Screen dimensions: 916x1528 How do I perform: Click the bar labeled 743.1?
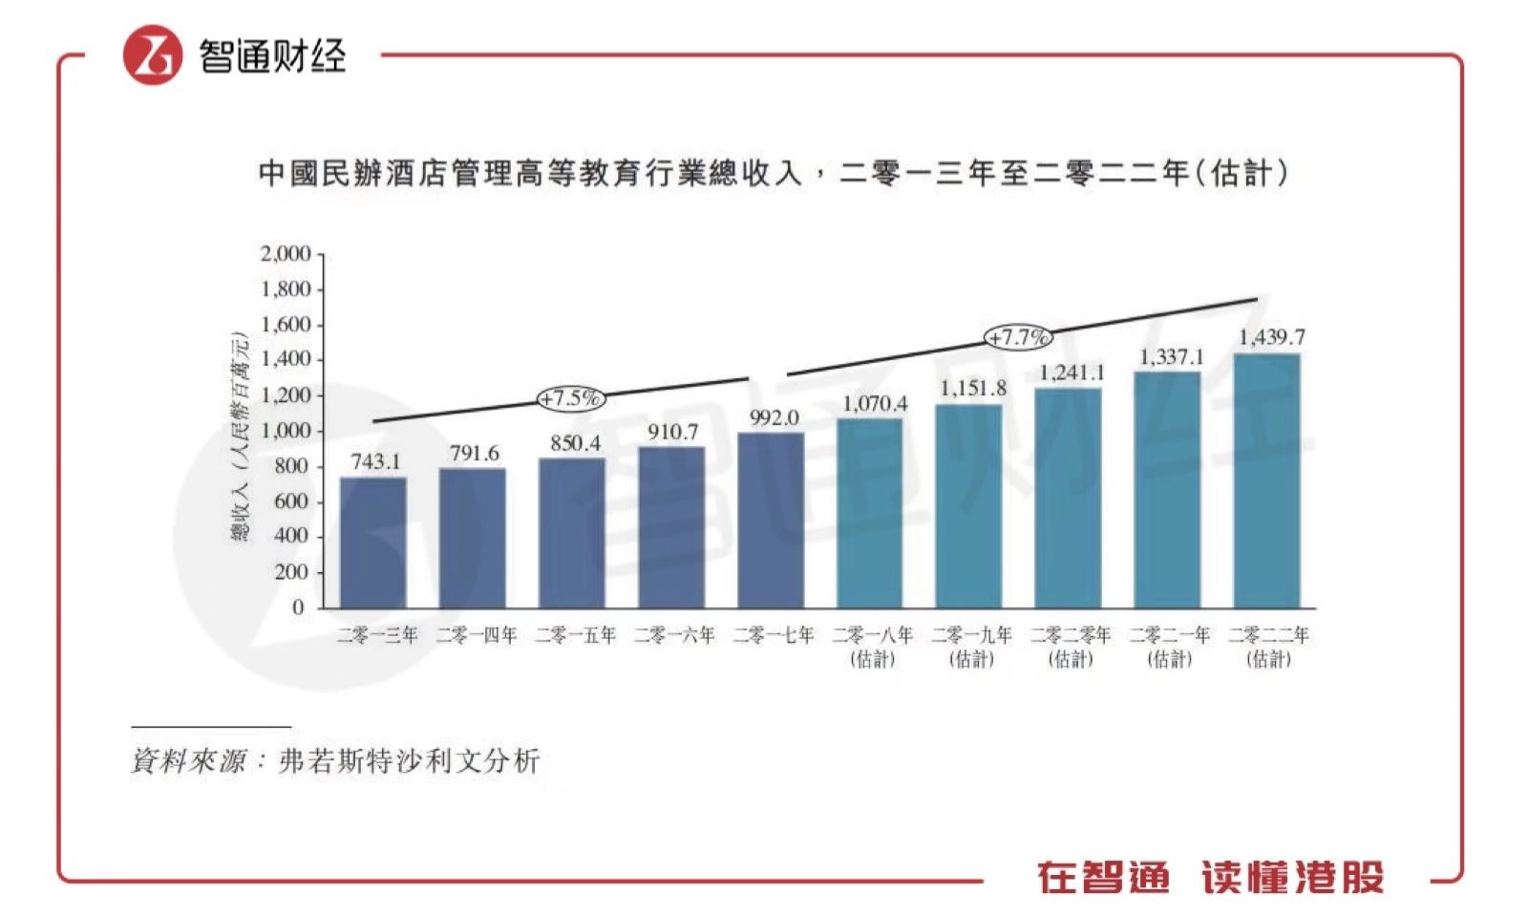coord(373,542)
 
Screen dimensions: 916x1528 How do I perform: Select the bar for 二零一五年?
coord(572,532)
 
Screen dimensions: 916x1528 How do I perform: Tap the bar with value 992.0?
coord(771,520)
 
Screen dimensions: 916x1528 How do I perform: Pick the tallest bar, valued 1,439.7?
coord(1267,480)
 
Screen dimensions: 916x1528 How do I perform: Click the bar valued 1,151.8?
coord(969,505)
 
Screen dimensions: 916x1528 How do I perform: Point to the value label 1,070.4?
coord(875,404)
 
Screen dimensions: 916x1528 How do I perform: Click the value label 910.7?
coord(672,432)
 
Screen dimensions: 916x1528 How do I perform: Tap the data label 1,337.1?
coord(1172,357)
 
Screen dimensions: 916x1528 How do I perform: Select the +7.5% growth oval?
coord(571,398)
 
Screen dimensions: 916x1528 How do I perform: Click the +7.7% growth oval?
coord(1019,337)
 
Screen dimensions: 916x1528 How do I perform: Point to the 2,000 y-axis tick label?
coord(286,254)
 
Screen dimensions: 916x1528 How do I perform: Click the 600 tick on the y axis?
coord(291,501)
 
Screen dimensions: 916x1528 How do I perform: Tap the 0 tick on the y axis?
coord(299,607)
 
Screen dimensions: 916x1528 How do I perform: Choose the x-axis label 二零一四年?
coord(477,635)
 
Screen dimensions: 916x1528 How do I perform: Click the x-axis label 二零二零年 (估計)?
coord(1071,646)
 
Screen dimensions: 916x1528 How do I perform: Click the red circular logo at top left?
coord(152,55)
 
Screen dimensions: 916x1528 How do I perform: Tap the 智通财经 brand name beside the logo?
coord(272,55)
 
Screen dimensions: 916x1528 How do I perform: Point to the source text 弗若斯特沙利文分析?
coord(410,761)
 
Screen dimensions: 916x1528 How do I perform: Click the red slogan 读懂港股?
coord(1292,877)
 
